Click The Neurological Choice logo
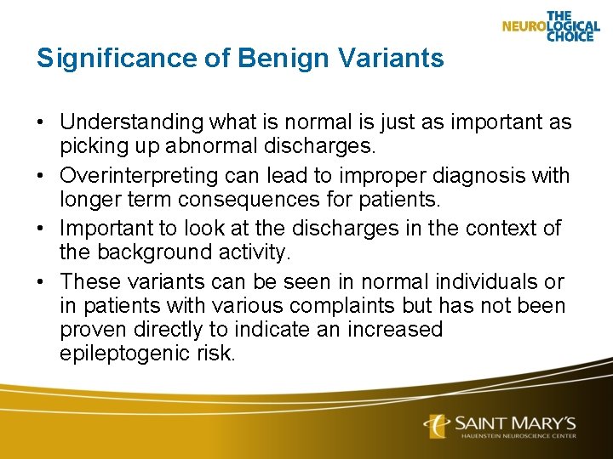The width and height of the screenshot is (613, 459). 551,25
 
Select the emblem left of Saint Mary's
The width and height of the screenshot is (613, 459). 438,424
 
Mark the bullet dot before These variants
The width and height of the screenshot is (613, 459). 41,282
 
